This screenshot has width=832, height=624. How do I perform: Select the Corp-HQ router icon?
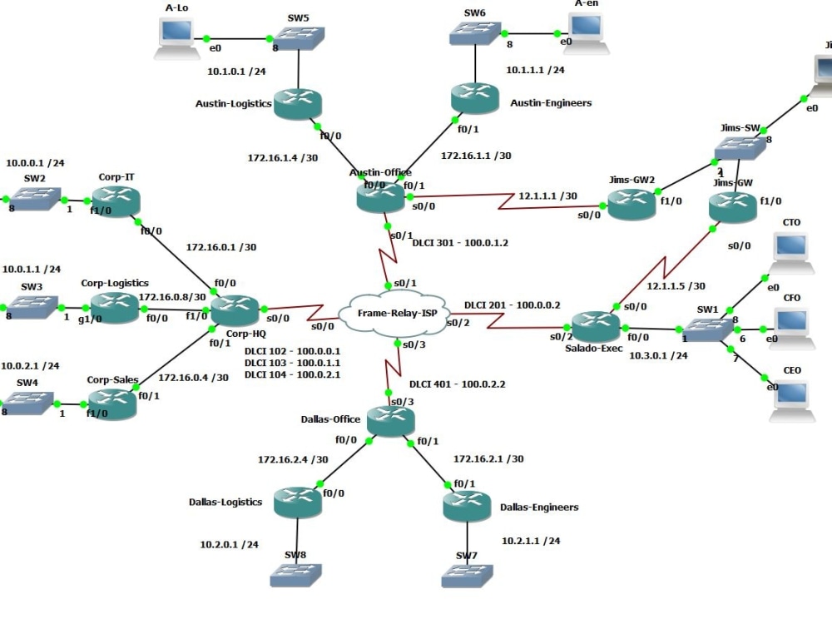point(236,310)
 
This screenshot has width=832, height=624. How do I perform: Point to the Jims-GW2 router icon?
point(631,204)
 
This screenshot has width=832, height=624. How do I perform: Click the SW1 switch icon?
point(708,329)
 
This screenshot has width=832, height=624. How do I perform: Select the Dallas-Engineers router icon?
point(467,507)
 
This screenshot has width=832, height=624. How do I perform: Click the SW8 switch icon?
point(295,575)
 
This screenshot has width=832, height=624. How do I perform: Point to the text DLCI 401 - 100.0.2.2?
point(458,384)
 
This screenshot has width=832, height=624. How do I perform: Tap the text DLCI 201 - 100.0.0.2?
point(512,305)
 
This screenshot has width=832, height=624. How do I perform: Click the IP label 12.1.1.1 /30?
point(547,196)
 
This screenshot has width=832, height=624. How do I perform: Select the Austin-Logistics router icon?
point(296,104)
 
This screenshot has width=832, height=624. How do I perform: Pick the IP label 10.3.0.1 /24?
point(658,355)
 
